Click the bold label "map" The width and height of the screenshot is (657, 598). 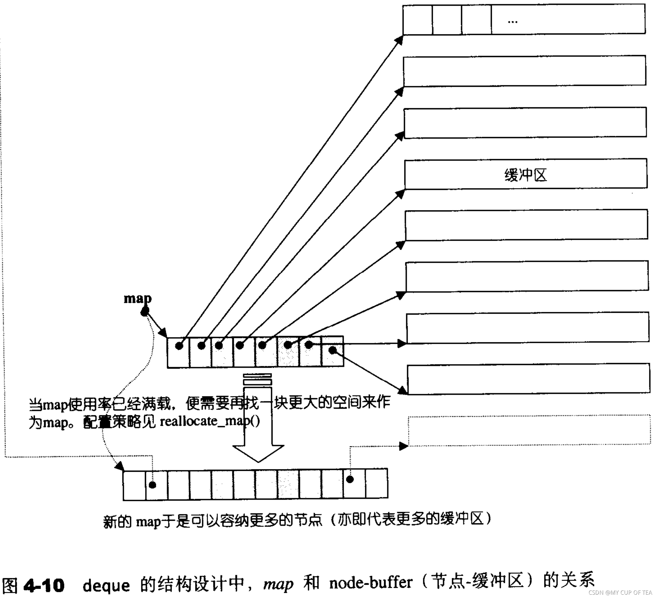click(x=138, y=298)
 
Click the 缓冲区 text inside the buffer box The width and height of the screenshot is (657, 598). click(x=525, y=175)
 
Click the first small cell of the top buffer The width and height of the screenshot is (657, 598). click(x=417, y=20)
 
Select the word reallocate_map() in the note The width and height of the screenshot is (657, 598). click(x=210, y=421)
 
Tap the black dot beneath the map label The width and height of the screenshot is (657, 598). click(x=144, y=312)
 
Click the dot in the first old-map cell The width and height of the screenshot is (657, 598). click(x=179, y=346)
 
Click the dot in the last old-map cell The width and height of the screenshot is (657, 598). click(x=332, y=350)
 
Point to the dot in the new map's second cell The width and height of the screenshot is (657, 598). click(x=152, y=485)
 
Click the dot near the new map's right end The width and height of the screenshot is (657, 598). click(x=350, y=479)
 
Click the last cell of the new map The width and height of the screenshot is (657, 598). click(x=377, y=483)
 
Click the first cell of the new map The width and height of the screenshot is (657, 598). click(x=134, y=485)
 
